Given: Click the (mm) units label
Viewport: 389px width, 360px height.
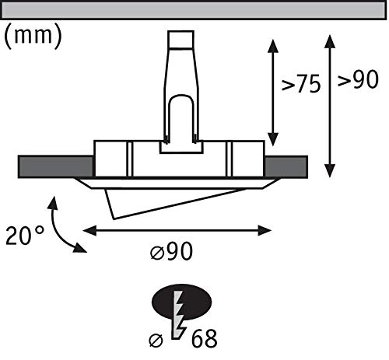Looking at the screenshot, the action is [x=33, y=37].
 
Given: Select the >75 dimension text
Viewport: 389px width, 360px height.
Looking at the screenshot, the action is [x=301, y=83].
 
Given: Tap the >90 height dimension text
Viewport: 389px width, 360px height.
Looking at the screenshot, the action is [x=358, y=79].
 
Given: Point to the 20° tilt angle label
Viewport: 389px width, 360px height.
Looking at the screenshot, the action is [x=24, y=236].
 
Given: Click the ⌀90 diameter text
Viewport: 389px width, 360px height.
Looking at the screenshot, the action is [x=172, y=251].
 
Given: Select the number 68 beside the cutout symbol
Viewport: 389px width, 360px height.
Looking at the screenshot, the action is [x=204, y=338].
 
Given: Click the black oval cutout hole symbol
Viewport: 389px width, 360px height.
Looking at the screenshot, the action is [x=181, y=302].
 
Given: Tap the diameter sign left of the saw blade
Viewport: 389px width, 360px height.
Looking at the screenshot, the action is [x=156, y=340].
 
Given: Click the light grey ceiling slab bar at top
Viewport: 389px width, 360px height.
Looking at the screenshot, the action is [x=194, y=10].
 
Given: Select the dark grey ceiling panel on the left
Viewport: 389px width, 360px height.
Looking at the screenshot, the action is [x=55, y=166].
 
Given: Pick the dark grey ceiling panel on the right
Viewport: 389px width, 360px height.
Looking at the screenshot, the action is [x=286, y=166].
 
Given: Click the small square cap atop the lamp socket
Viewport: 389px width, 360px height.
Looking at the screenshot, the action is [x=180, y=40].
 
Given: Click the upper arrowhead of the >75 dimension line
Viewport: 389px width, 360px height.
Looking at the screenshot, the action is [x=273, y=46].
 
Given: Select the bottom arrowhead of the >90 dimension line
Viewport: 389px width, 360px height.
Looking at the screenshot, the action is [x=330, y=171].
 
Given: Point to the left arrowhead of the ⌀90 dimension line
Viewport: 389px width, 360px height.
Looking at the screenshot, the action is [x=89, y=230].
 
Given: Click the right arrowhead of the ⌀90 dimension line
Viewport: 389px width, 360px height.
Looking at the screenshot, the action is [x=265, y=230].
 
